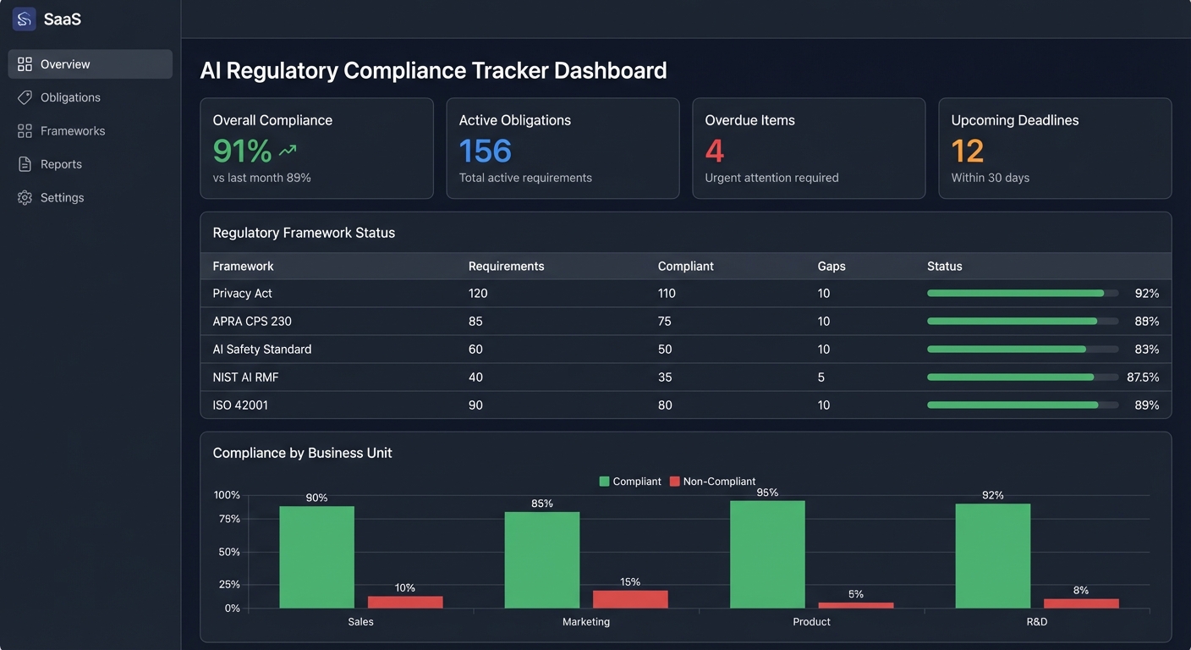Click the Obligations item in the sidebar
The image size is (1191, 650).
point(70,97)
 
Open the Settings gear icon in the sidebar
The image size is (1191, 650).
point(25,198)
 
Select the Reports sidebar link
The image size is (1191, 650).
point(61,164)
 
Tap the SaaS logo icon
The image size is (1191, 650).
point(24,19)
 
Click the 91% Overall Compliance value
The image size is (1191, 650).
point(242,151)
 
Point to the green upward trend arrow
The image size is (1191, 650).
point(288,151)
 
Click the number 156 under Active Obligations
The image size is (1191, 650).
point(485,151)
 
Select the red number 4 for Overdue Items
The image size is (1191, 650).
point(714,151)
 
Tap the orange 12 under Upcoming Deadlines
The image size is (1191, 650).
point(967,151)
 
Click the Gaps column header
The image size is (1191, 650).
point(831,266)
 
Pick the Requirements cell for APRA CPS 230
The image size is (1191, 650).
point(476,322)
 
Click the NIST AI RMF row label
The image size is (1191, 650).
point(245,377)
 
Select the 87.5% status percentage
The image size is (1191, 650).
point(1142,377)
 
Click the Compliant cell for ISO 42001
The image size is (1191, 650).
point(665,405)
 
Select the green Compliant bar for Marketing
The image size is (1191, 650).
point(541,559)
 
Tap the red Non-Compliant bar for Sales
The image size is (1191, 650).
point(404,602)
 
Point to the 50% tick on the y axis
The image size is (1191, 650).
point(229,552)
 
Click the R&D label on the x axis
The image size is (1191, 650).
point(1036,622)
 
